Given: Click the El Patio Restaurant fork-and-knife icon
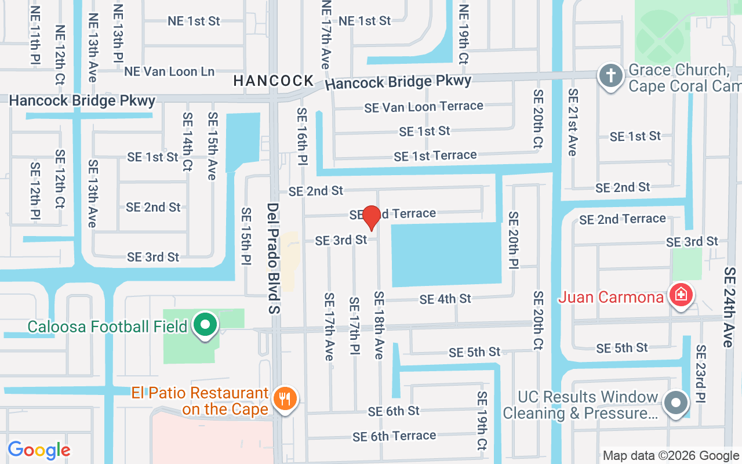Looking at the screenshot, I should [284, 399].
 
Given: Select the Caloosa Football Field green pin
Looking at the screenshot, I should [205, 325].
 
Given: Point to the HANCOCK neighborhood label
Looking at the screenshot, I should [273, 81].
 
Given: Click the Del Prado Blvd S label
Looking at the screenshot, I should [274, 258].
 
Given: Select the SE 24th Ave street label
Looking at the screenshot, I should [729, 307].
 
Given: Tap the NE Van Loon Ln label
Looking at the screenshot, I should [169, 71].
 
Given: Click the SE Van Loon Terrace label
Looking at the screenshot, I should [424, 107].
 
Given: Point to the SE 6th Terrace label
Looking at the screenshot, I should [394, 436].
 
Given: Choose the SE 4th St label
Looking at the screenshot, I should [445, 299].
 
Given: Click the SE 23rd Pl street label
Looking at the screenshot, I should [701, 374].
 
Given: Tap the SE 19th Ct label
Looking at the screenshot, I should [482, 420].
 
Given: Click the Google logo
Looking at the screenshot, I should [39, 450].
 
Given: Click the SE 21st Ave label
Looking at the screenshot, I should [573, 122].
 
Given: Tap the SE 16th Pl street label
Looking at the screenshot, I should [301, 136].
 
